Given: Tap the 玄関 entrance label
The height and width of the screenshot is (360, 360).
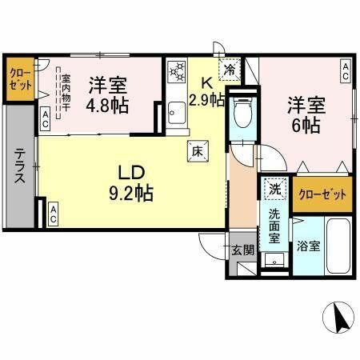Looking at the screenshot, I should (243, 249).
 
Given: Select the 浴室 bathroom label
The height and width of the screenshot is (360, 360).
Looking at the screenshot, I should (310, 246).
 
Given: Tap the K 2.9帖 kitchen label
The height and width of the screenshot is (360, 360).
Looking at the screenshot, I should (205, 90).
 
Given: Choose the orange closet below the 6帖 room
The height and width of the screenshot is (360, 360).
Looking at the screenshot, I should (322, 194).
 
